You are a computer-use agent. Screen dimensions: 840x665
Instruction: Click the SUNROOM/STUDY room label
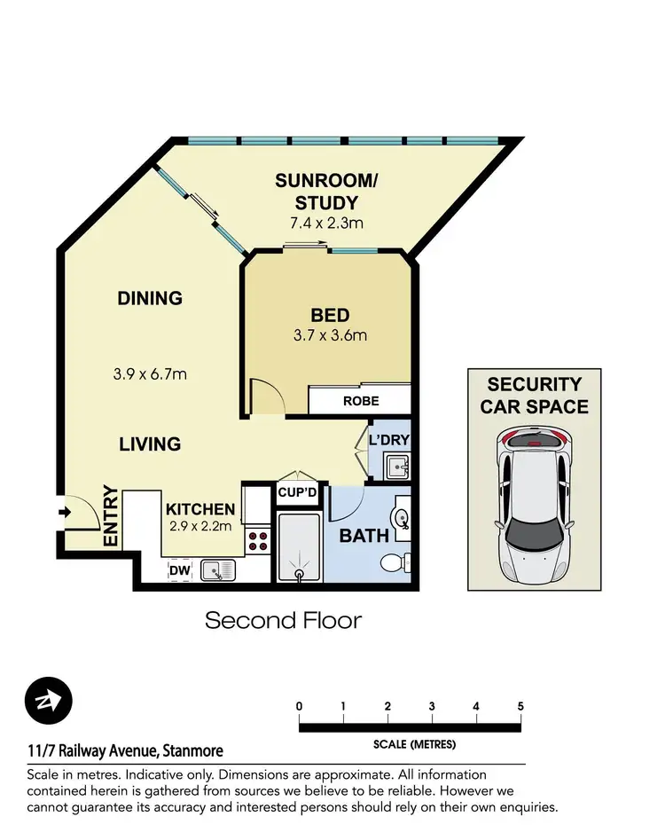click(x=326, y=192)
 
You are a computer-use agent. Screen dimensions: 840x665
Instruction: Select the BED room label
click(x=330, y=315)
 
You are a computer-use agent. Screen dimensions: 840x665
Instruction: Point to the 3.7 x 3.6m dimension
click(x=330, y=336)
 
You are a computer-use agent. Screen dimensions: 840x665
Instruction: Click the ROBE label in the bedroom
click(x=360, y=402)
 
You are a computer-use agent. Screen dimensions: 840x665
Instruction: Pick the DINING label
click(x=150, y=299)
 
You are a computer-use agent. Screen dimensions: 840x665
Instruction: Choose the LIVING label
click(x=150, y=444)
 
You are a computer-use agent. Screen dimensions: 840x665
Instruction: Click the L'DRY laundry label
click(x=390, y=441)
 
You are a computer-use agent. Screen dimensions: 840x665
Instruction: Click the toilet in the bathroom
click(x=393, y=562)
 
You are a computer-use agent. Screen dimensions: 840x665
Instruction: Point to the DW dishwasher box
click(x=179, y=570)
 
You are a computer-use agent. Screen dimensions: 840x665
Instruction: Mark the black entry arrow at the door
click(x=64, y=512)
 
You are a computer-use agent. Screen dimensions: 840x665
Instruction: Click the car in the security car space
click(x=534, y=506)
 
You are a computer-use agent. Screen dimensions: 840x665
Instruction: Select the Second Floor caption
click(x=283, y=619)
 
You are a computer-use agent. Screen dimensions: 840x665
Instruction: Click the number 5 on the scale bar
click(x=520, y=706)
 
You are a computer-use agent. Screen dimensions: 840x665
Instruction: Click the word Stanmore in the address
click(x=192, y=750)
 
